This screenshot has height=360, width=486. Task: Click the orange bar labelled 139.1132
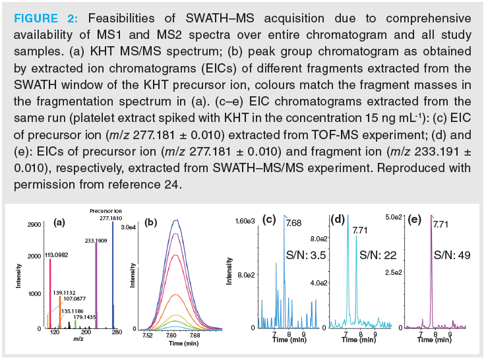click(59, 310)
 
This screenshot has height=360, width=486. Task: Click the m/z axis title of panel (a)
click(78, 338)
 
